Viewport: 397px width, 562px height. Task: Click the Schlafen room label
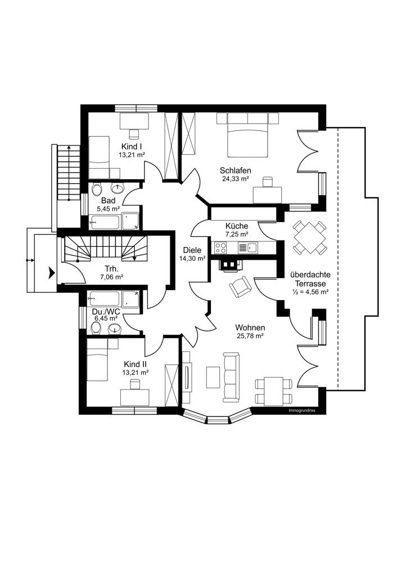(x=235, y=171)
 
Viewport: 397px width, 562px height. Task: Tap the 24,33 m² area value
(x=235, y=179)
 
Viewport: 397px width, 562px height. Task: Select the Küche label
(x=237, y=226)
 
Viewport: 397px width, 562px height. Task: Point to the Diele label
(x=192, y=250)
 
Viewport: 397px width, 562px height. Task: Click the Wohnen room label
(x=250, y=328)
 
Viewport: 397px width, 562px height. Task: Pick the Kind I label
(x=132, y=147)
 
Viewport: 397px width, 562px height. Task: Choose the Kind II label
(x=135, y=364)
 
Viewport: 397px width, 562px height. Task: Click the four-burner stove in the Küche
(x=220, y=247)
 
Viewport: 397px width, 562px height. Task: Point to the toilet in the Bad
(x=96, y=189)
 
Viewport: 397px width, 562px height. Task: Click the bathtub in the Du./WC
(x=105, y=298)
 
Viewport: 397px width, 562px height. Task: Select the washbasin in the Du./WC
(x=115, y=328)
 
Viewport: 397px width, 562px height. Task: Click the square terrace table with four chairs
(x=310, y=237)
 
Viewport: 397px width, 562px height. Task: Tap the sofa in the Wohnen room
(x=231, y=377)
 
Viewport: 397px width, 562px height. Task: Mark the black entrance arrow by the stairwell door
(x=52, y=273)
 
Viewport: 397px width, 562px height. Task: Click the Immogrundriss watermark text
(x=302, y=411)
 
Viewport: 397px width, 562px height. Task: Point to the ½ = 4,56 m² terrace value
(x=310, y=292)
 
